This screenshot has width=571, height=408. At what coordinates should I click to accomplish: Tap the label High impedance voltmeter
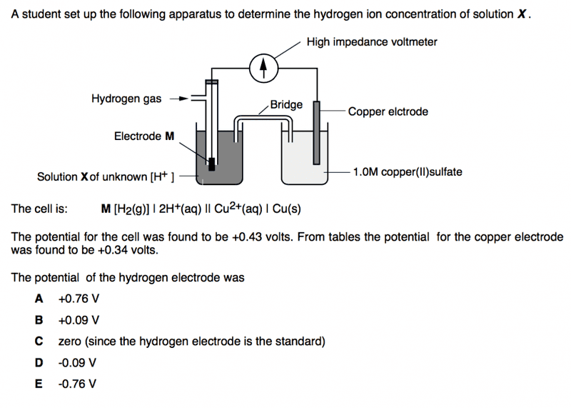[372, 42]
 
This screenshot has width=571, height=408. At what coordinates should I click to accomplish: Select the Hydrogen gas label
[126, 99]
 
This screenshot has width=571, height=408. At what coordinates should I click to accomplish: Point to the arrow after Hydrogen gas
[179, 99]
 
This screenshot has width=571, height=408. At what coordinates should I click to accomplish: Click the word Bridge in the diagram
[286, 104]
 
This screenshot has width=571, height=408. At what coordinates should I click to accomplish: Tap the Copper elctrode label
[388, 111]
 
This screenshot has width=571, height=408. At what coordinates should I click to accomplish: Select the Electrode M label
[144, 136]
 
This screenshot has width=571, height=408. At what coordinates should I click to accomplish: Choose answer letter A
[40, 298]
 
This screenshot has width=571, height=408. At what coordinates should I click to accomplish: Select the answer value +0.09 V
[79, 319]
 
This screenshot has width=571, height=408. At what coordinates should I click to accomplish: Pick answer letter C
[40, 341]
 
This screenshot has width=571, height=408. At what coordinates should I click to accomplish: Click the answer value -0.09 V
[78, 362]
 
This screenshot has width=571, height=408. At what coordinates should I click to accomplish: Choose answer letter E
[40, 384]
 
